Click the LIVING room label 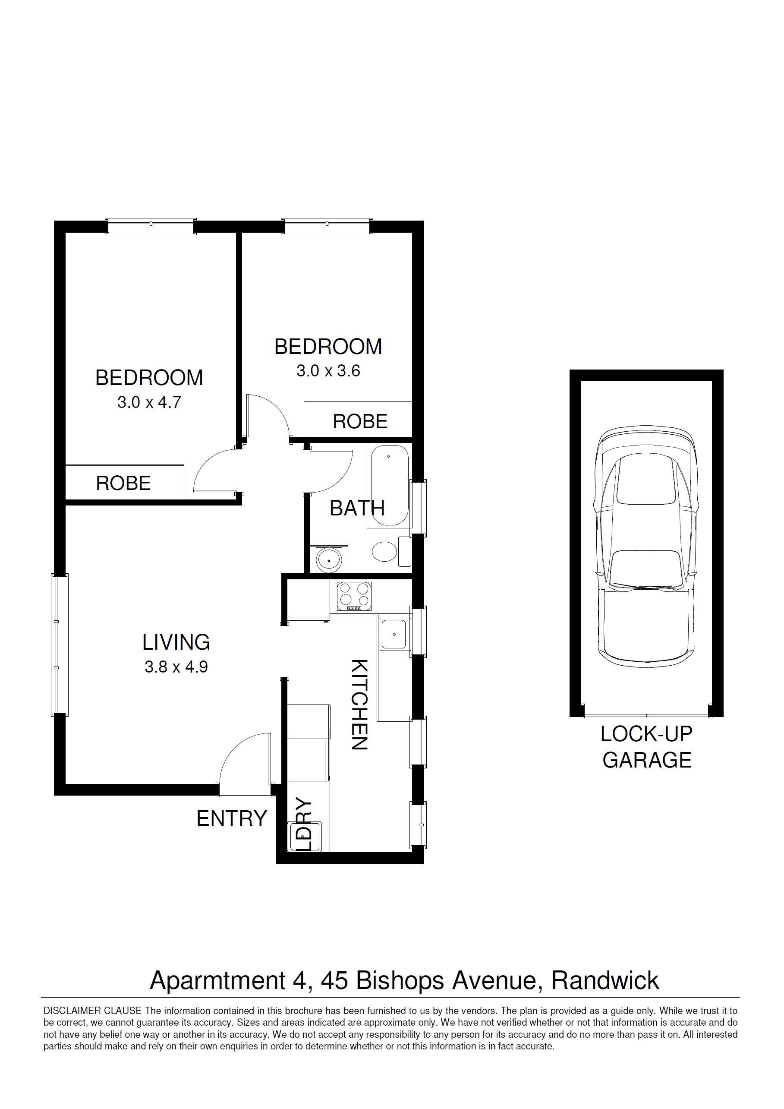[x=176, y=642]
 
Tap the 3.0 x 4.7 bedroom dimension [x=149, y=402]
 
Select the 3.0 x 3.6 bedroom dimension [x=328, y=371]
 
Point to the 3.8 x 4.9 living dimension [x=176, y=667]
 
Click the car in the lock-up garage [x=646, y=546]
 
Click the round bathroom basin [x=329, y=560]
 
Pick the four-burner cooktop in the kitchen [x=354, y=596]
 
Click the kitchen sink [x=394, y=634]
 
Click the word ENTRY [x=232, y=819]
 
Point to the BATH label [x=357, y=508]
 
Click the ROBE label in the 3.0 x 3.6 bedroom [x=360, y=422]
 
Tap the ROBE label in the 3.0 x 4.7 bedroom [x=123, y=483]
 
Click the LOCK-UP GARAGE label [x=647, y=747]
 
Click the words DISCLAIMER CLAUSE [x=93, y=1011]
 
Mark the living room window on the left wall [x=60, y=645]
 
